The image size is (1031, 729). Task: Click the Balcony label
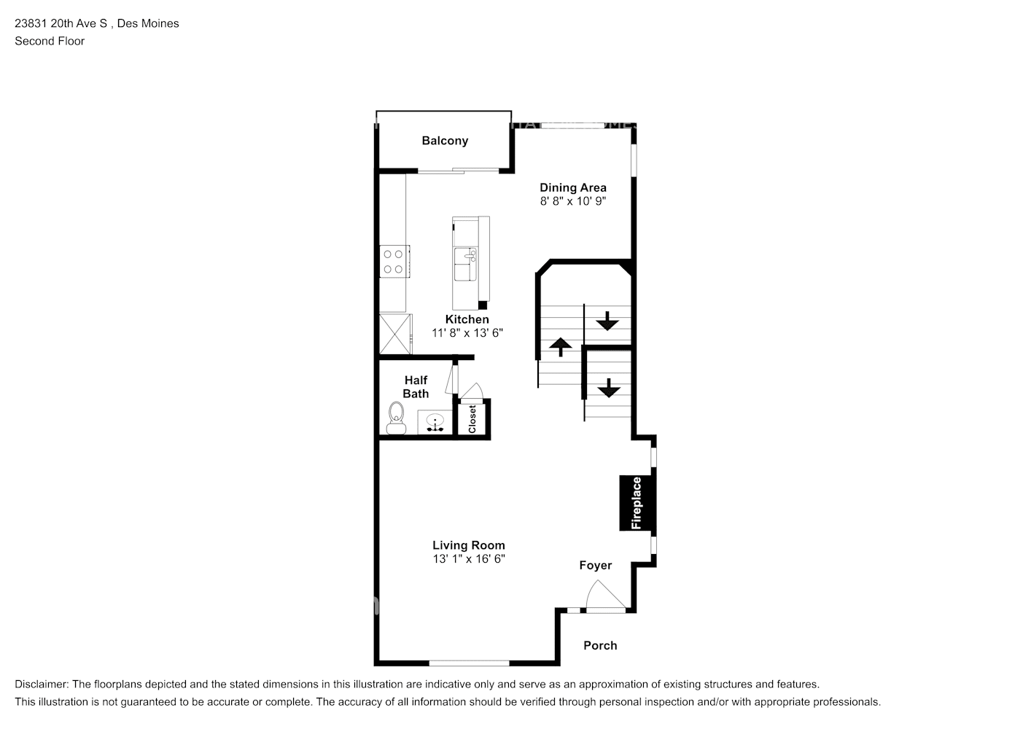pyautogui.click(x=445, y=141)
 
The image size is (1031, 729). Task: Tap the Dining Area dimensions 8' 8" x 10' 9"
pyautogui.click(x=572, y=201)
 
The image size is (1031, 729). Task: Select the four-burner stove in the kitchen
pyautogui.click(x=394, y=262)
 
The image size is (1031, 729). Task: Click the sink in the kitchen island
pyautogui.click(x=465, y=264)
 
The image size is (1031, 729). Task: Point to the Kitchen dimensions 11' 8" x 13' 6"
pyautogui.click(x=467, y=332)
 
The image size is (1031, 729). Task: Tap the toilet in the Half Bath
pyautogui.click(x=397, y=418)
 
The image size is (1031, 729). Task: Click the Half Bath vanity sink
pyautogui.click(x=435, y=423)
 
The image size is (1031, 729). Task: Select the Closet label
pyautogui.click(x=472, y=419)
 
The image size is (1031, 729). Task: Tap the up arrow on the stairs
pyautogui.click(x=560, y=347)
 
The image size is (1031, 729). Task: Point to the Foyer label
pyautogui.click(x=596, y=565)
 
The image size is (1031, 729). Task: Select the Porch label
pyautogui.click(x=600, y=645)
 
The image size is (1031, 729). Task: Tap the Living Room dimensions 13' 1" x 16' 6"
pyautogui.click(x=469, y=558)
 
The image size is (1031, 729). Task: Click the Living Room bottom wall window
pyautogui.click(x=469, y=663)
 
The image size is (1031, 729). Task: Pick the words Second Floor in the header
pyautogui.click(x=50, y=41)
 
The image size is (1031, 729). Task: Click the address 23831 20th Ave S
pyautogui.click(x=61, y=23)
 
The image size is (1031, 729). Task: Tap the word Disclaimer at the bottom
pyautogui.click(x=42, y=685)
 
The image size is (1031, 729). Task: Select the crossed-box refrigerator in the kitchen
pyautogui.click(x=395, y=334)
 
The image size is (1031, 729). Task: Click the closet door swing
pyautogui.click(x=471, y=391)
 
